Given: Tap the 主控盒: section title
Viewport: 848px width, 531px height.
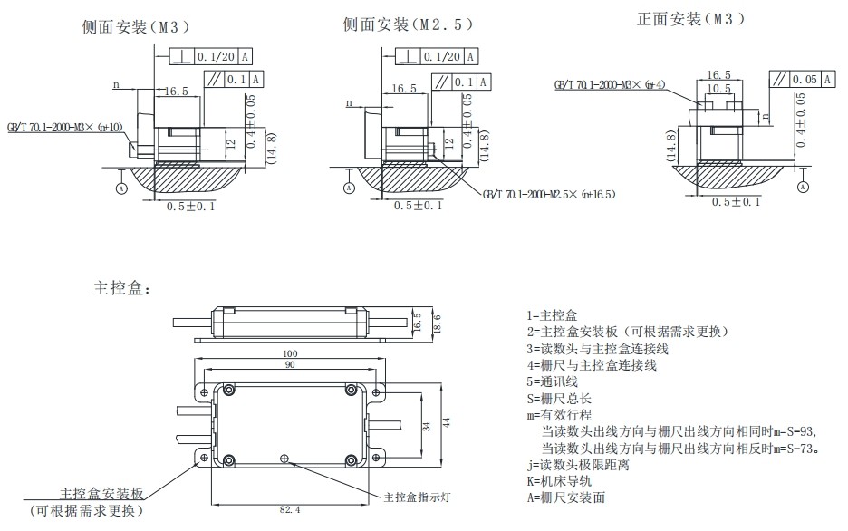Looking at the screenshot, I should click(x=122, y=289).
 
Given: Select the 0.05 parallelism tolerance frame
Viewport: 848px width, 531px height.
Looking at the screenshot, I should click(x=795, y=80).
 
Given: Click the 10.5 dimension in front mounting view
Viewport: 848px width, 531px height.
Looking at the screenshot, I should click(x=718, y=89).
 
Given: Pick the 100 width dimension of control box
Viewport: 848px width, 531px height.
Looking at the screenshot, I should click(x=290, y=352).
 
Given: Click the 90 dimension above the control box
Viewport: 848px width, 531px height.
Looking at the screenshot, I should click(x=290, y=365).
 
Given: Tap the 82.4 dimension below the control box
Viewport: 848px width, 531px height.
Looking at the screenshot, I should click(x=290, y=511).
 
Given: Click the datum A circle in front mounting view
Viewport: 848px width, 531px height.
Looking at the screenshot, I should click(x=803, y=187).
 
